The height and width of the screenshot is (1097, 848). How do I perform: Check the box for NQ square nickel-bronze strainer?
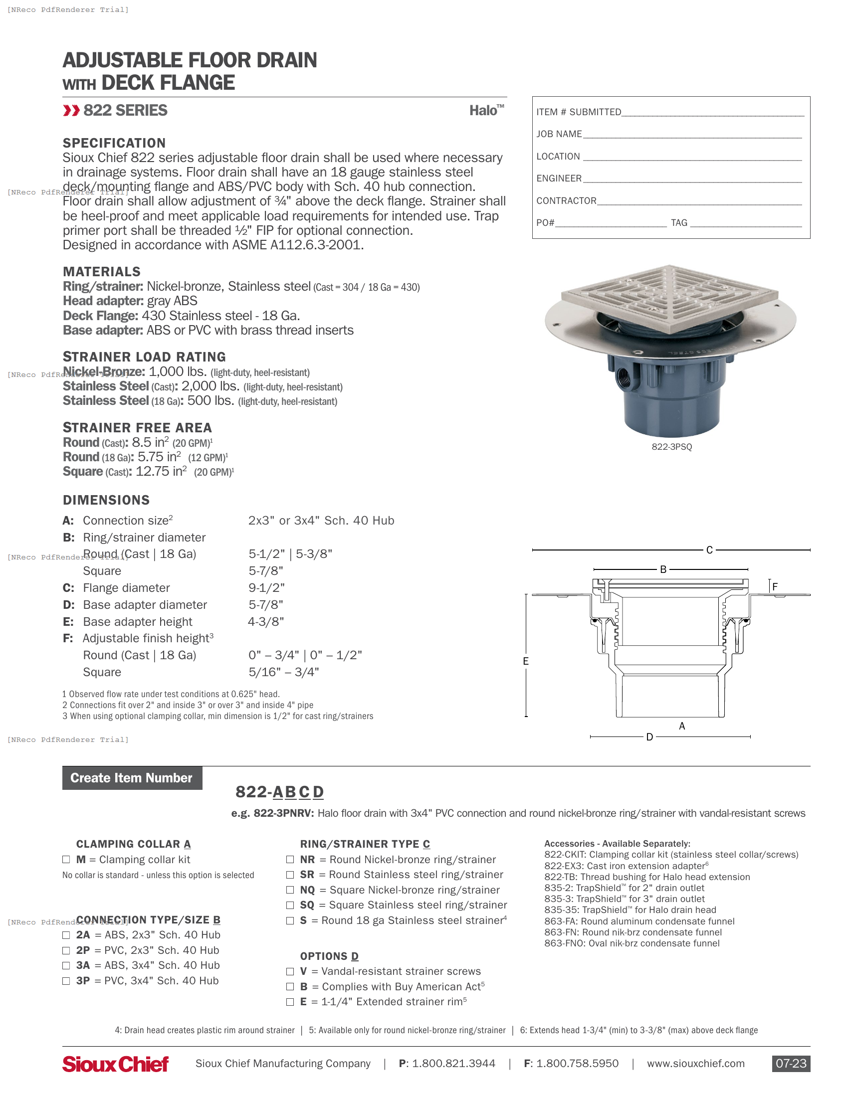pyautogui.click(x=290, y=890)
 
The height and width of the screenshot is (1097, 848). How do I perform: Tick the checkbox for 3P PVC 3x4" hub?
pyautogui.click(x=66, y=980)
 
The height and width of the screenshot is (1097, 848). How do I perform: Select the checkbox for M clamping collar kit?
pyautogui.click(x=66, y=860)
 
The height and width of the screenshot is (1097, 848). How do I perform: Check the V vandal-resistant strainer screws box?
pyautogui.click(x=290, y=971)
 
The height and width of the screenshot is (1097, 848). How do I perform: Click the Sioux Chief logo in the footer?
pyautogui.click(x=116, y=1064)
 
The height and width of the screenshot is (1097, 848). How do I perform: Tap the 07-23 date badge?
pyautogui.click(x=791, y=1064)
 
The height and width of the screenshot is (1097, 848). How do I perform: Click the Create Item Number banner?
pyautogui.click(x=132, y=777)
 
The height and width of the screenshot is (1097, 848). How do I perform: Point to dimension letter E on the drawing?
pyautogui.click(x=525, y=661)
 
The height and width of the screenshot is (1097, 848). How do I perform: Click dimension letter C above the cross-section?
pyautogui.click(x=709, y=550)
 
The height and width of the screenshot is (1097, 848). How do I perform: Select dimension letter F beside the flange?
pyautogui.click(x=775, y=586)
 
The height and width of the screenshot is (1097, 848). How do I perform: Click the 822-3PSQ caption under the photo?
pyautogui.click(x=672, y=447)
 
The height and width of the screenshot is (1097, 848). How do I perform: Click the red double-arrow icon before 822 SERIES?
pyautogui.click(x=71, y=111)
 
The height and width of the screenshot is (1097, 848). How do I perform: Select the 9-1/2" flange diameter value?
pyautogui.click(x=266, y=588)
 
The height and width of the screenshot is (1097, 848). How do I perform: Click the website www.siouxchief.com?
pyautogui.click(x=695, y=1064)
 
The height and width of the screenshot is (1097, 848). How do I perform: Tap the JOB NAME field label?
pyautogui.click(x=559, y=134)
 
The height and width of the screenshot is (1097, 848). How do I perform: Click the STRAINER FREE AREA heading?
pyautogui.click(x=137, y=427)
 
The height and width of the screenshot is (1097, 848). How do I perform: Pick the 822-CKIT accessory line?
pyautogui.click(x=670, y=854)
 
